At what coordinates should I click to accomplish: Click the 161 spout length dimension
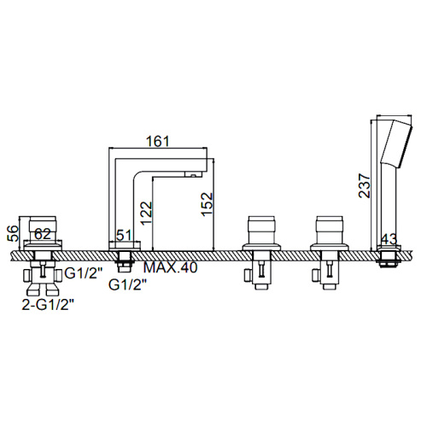[x=157, y=142]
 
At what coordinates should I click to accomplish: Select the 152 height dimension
[x=207, y=204]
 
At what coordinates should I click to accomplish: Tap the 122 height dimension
[x=147, y=213]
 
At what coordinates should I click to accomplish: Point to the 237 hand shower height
[x=365, y=185]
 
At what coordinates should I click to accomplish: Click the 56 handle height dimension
[x=13, y=233]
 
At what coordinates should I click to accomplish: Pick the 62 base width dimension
[x=43, y=234]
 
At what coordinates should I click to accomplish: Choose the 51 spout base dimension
[x=125, y=236]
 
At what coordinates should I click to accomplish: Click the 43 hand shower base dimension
[x=389, y=239]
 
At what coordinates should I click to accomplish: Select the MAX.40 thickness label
[x=170, y=267]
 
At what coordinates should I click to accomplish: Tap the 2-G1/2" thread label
[x=48, y=305]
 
